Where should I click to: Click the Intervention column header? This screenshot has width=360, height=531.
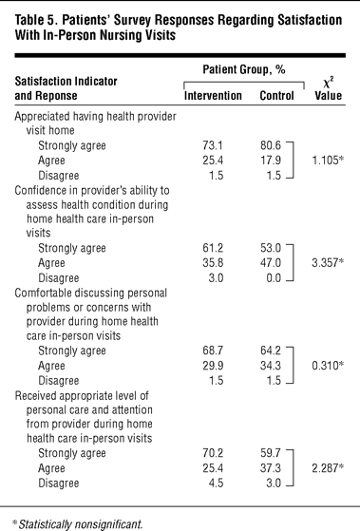point(213,96)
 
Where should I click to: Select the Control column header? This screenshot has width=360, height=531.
point(276,96)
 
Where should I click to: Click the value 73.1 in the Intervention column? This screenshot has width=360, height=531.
point(213,145)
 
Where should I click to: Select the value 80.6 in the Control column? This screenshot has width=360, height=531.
point(271,145)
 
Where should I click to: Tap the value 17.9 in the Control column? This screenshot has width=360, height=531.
point(271,161)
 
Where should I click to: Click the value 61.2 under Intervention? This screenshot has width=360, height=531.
point(213,248)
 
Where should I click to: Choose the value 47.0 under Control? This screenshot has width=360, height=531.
point(271,263)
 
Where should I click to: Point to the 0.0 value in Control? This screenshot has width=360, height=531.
point(274,278)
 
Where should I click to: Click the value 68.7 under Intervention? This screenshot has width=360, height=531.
point(213,351)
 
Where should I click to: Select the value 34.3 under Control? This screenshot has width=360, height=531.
point(271,366)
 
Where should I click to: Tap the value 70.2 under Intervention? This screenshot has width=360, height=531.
point(213,453)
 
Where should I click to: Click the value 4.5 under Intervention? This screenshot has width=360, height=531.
point(216,483)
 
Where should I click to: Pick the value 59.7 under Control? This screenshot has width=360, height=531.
point(271,453)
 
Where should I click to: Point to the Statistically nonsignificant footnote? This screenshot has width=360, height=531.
point(80,524)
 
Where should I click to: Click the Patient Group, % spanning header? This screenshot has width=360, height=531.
point(244,69)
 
